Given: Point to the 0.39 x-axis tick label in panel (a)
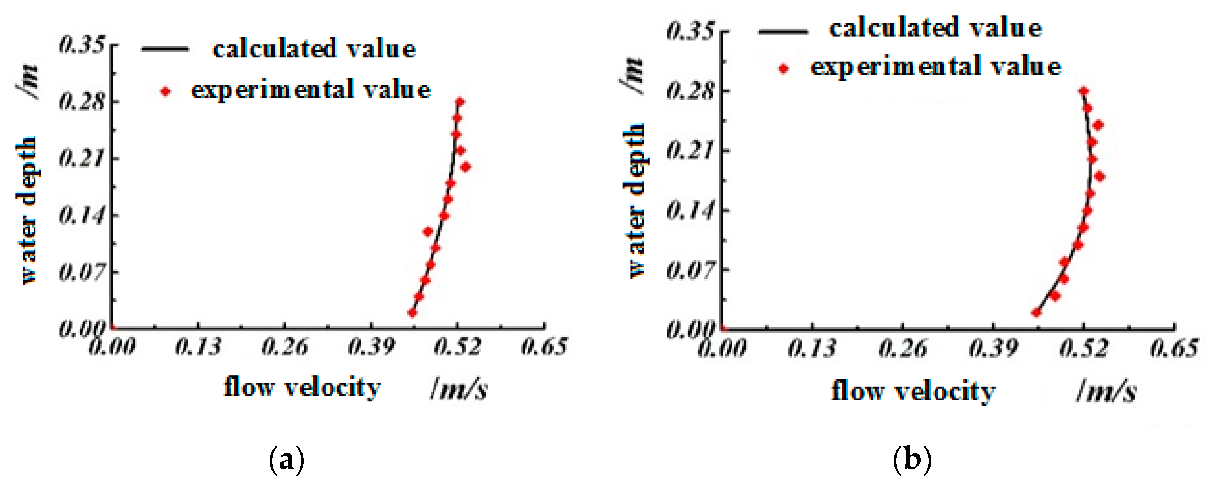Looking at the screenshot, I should pyautogui.click(x=371, y=347).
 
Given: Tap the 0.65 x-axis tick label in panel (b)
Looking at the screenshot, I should pyautogui.click(x=1174, y=349).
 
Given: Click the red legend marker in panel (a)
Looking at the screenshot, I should pyautogui.click(x=165, y=91).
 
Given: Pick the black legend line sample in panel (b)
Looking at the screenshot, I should pyautogui.click(x=784, y=32).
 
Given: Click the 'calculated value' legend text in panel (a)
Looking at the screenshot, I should pyautogui.click(x=314, y=50).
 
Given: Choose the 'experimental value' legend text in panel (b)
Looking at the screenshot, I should pyautogui.click(x=936, y=67).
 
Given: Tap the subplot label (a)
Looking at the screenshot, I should pyautogui.click(x=286, y=460).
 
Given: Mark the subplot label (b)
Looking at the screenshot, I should pyautogui.click(x=912, y=460).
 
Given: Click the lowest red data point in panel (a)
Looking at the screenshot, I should pyautogui.click(x=413, y=312).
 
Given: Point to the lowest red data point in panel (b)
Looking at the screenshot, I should pyautogui.click(x=1036, y=312).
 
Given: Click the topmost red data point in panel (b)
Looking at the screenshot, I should pyautogui.click(x=1084, y=91).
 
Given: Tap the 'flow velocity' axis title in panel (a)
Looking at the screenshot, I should pyautogui.click(x=302, y=388).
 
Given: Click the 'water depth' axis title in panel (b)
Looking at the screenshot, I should pyautogui.click(x=636, y=200).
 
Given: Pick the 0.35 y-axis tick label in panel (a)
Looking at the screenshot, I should pyautogui.click(x=82, y=46).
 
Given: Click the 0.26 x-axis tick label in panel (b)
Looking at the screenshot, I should pyautogui.click(x=903, y=349).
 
